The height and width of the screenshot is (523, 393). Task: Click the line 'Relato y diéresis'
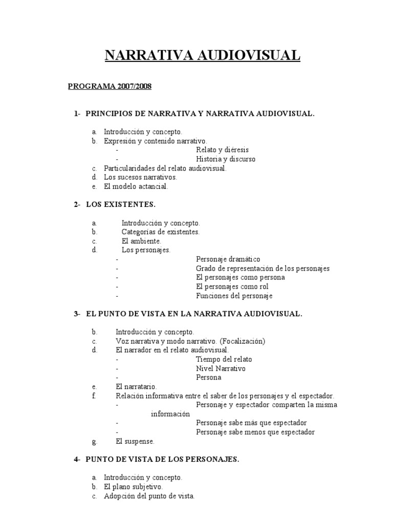tap(222, 150)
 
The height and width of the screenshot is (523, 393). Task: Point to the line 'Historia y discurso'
tap(226, 159)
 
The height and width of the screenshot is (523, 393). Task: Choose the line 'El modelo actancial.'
tap(136, 186)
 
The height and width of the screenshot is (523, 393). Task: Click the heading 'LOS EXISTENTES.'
tap(120, 204)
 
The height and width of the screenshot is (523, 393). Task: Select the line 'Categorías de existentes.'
tap(160, 232)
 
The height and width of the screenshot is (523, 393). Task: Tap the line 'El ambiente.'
tap(141, 241)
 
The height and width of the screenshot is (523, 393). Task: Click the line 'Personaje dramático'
tap(228, 259)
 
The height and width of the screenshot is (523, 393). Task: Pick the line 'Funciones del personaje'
tap(234, 296)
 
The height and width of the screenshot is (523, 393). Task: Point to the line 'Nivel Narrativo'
tap(221, 368)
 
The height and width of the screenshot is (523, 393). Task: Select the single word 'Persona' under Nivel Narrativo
tap(208, 377)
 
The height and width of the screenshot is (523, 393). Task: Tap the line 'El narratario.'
tap(136, 387)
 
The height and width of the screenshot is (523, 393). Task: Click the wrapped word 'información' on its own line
tap(170, 414)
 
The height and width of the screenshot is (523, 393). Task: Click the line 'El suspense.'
tap(135, 441)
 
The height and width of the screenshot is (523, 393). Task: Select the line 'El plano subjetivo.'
tap(133, 487)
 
